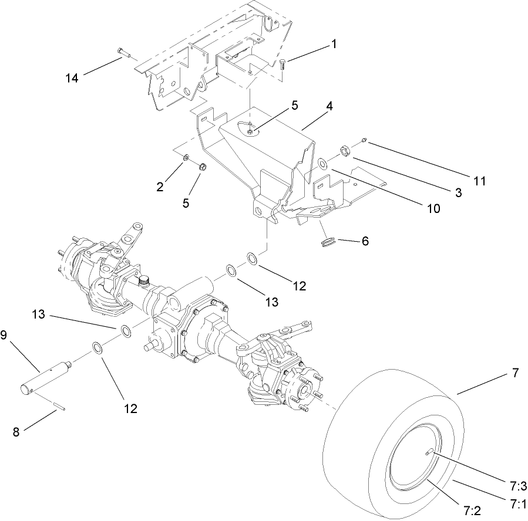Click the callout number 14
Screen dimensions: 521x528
point(72,78)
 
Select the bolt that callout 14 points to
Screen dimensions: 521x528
point(122,53)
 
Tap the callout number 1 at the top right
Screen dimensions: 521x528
point(334,44)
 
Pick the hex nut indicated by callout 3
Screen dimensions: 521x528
point(345,151)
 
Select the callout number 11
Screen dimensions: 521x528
point(480,181)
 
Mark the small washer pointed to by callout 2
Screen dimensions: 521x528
point(186,158)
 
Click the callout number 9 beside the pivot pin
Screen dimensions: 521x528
point(4,335)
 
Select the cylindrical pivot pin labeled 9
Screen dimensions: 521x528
point(45,376)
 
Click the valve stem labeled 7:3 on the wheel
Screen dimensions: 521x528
point(431,450)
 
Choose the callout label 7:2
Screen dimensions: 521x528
point(472,510)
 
